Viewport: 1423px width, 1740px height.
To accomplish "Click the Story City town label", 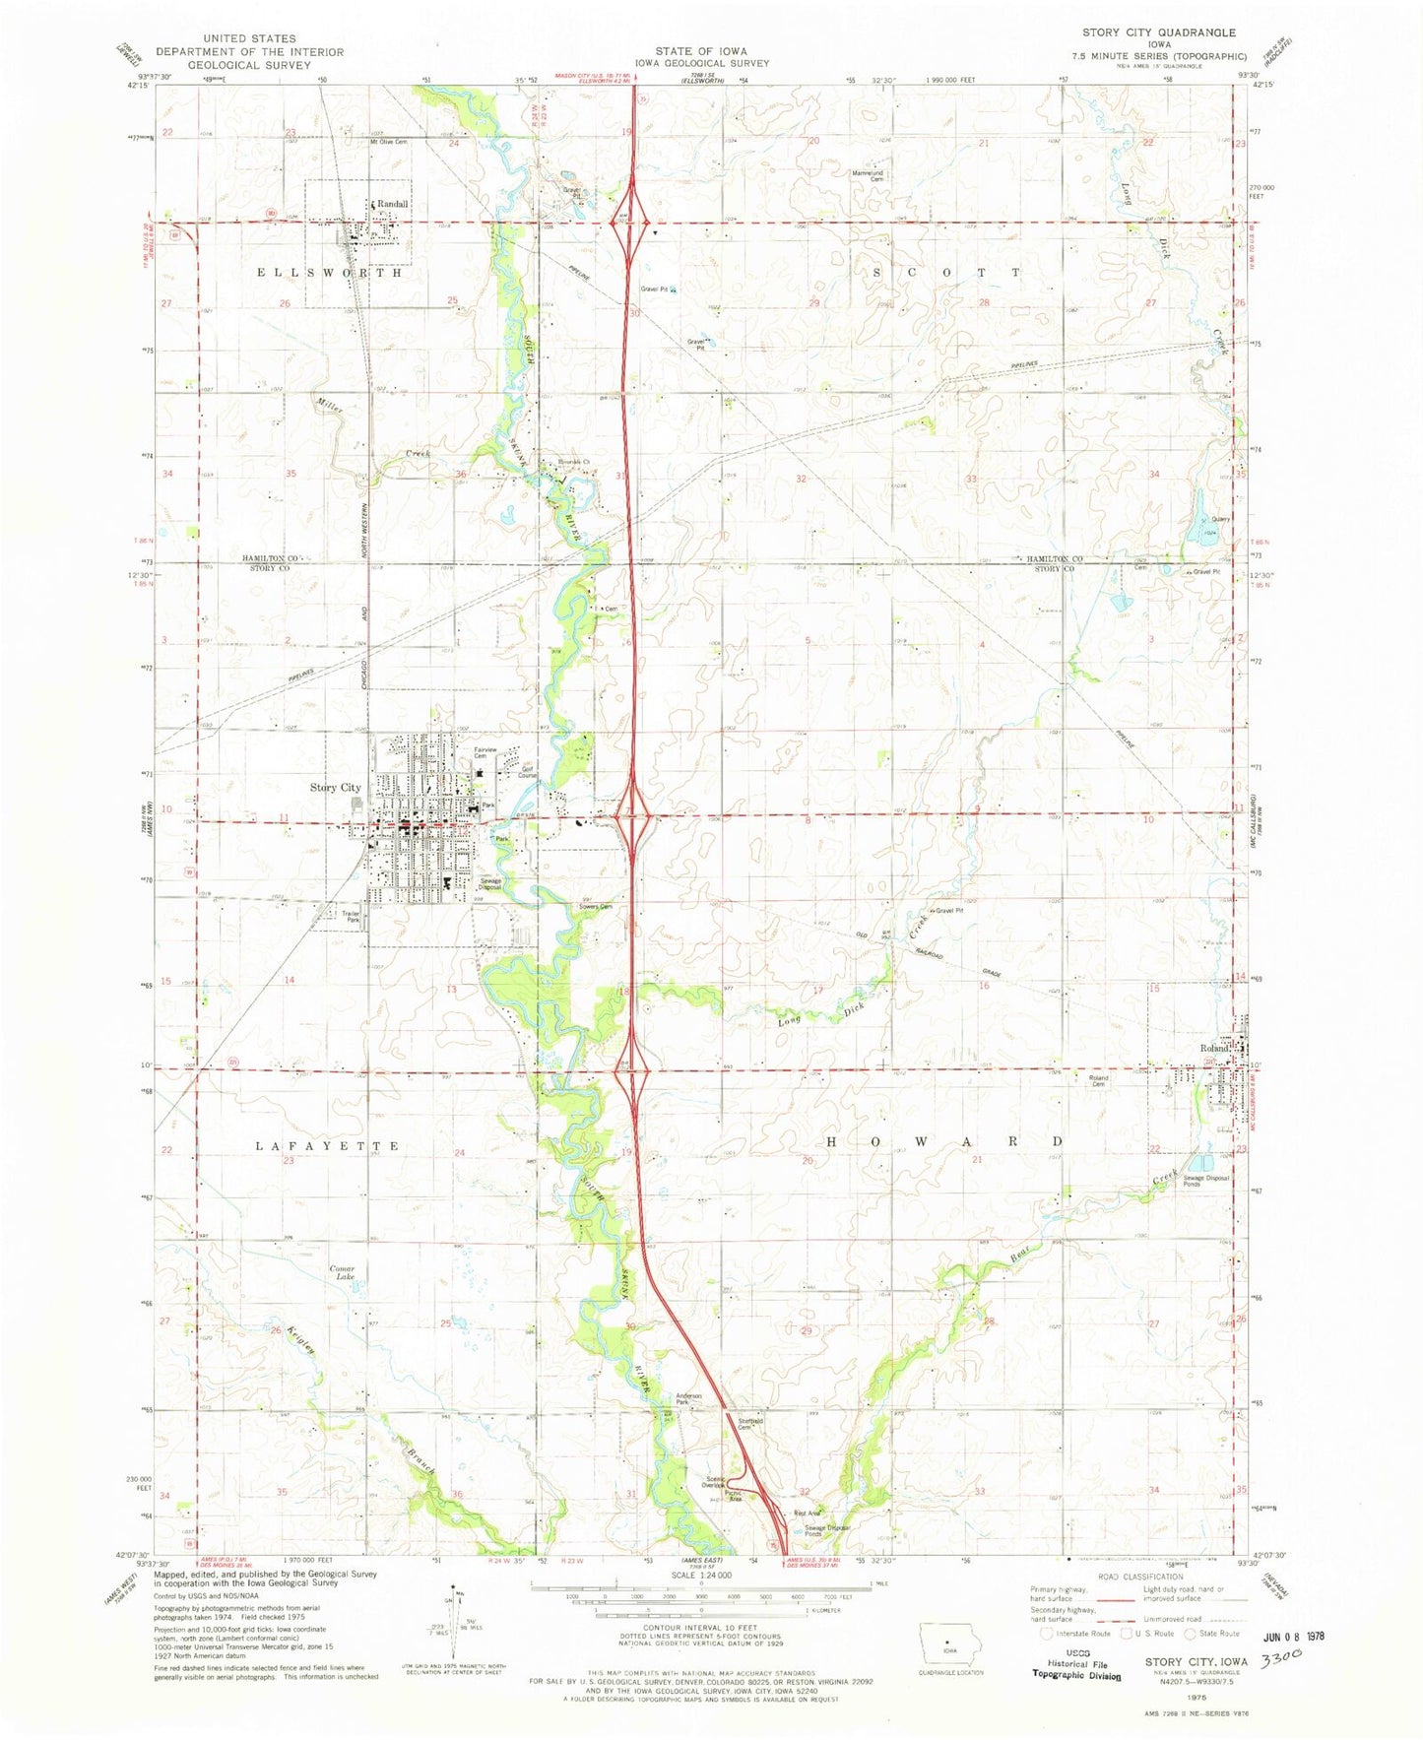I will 335,787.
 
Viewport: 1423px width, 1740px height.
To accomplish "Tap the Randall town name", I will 392,204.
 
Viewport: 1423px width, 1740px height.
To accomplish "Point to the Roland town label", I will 1215,1048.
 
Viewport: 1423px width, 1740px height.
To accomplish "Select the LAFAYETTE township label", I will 328,1146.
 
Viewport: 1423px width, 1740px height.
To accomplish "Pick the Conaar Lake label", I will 341,1273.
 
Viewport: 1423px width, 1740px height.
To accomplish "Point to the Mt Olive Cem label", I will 388,141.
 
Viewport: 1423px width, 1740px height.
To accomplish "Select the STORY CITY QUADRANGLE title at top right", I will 1158,32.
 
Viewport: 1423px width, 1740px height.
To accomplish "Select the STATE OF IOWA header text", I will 701,51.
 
